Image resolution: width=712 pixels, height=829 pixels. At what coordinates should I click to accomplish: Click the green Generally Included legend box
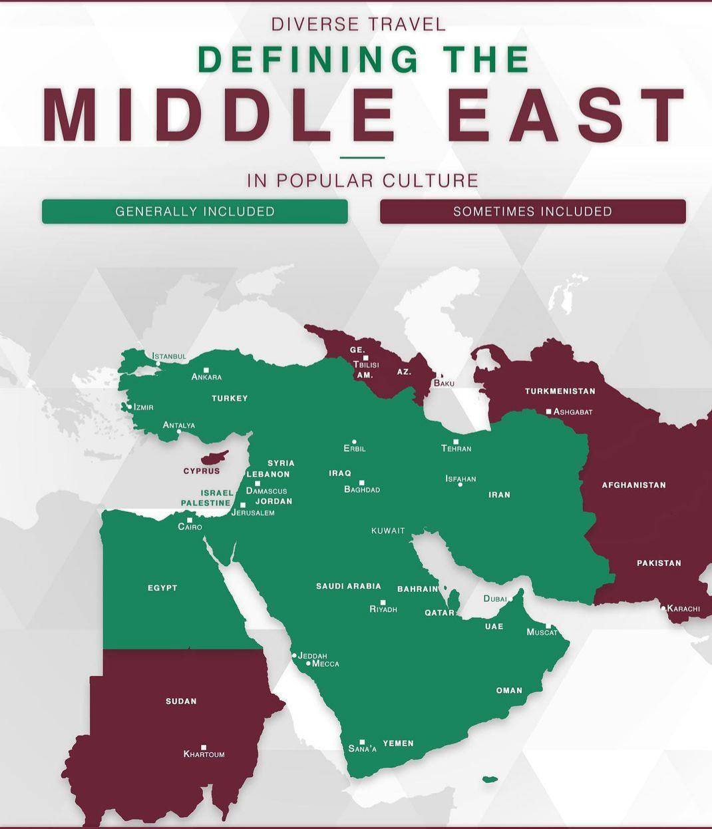(194, 211)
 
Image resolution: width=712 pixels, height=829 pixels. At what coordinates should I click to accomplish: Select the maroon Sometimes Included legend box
(532, 211)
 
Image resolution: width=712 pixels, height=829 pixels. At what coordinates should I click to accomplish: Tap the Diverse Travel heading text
(359, 25)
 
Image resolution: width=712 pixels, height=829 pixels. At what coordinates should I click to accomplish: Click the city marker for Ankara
(206, 370)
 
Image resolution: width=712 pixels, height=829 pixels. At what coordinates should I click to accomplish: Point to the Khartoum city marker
(204, 747)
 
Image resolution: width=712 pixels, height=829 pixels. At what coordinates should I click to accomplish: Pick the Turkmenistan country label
(560, 391)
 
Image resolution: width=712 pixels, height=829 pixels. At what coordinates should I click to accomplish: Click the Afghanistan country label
(633, 485)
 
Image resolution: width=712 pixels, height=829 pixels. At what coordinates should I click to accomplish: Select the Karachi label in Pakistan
(683, 608)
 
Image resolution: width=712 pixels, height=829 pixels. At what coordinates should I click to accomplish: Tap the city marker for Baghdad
(362, 482)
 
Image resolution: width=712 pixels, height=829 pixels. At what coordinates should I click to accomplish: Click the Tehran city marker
(456, 441)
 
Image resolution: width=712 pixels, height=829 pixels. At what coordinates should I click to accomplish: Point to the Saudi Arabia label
(348, 586)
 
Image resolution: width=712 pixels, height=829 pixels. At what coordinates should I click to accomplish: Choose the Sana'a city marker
(362, 741)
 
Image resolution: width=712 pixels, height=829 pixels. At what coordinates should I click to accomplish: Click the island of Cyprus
(214, 458)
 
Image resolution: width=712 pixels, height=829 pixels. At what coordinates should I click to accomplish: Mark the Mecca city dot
(308, 663)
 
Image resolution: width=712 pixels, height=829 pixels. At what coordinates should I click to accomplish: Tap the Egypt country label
(162, 587)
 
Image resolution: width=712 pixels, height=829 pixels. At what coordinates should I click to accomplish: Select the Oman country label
(509, 690)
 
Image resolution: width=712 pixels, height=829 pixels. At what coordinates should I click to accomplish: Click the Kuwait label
(388, 531)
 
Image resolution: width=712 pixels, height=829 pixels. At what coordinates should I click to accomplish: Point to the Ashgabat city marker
(548, 412)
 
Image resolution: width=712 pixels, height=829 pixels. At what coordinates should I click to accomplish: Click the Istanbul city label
(169, 356)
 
